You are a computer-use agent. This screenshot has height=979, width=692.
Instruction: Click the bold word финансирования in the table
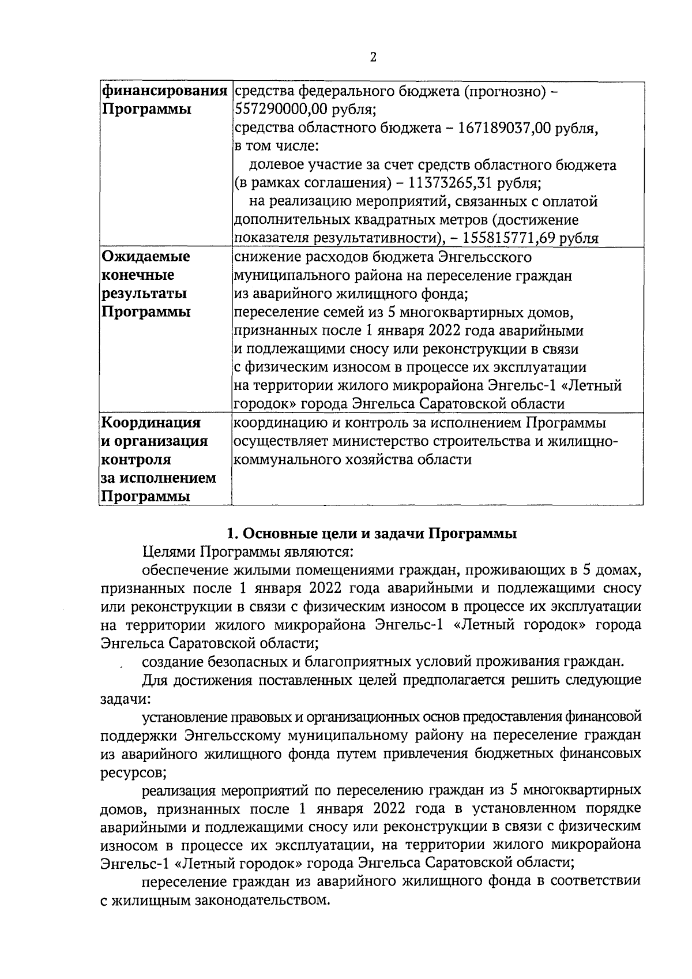click(164, 91)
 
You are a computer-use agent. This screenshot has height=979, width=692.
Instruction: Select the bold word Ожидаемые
click(146, 257)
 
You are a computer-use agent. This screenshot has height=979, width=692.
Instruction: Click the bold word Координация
click(151, 423)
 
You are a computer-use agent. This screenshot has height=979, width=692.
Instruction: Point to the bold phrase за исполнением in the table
click(159, 478)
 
